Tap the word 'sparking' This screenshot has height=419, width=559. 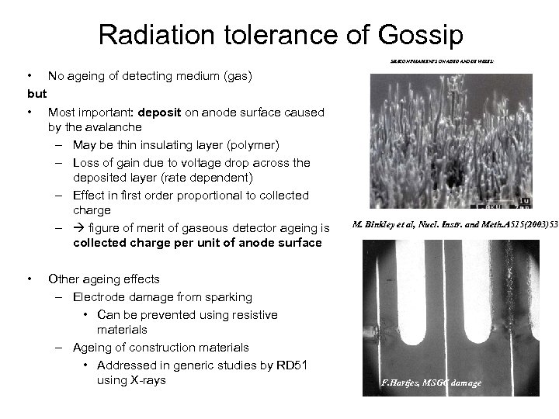230,296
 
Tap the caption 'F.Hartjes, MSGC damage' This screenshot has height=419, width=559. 432,383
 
